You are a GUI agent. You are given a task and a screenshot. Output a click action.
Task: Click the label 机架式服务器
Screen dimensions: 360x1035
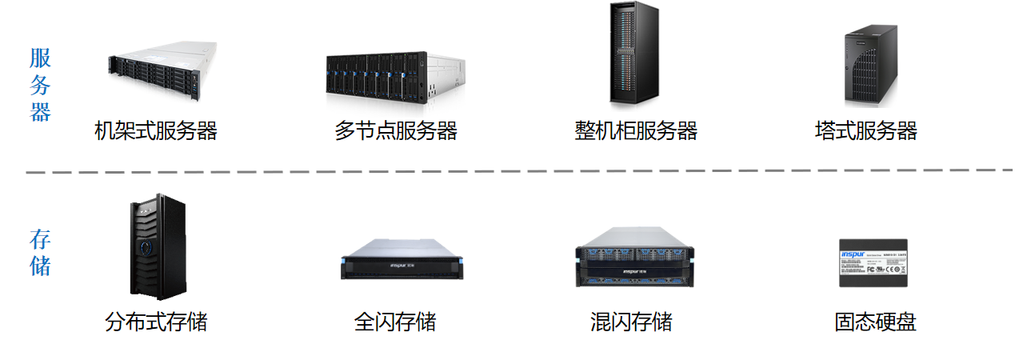[156, 130]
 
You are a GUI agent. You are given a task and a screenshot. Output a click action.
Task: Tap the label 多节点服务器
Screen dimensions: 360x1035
[396, 130]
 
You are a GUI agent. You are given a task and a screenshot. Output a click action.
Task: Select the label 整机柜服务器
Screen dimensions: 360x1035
[636, 130]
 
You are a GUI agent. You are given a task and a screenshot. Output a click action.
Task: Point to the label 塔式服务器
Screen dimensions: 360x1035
[865, 130]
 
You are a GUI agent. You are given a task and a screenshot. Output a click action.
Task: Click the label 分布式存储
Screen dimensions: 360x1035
[156, 322]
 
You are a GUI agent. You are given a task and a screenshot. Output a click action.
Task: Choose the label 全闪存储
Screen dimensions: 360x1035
[395, 322]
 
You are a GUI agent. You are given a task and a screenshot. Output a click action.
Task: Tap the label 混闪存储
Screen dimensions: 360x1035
[631, 322]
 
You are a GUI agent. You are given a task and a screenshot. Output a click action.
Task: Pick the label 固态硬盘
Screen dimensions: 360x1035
[875, 322]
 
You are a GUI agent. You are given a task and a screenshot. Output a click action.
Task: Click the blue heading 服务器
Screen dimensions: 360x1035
[41, 85]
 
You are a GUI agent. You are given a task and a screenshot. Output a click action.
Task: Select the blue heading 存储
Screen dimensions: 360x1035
[41, 253]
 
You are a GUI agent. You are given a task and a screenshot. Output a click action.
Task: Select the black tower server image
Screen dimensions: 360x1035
[871, 66]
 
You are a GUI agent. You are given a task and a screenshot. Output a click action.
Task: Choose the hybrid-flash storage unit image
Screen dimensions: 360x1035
[637, 256]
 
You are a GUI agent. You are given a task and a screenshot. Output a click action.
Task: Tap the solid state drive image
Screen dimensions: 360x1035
[874, 262]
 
